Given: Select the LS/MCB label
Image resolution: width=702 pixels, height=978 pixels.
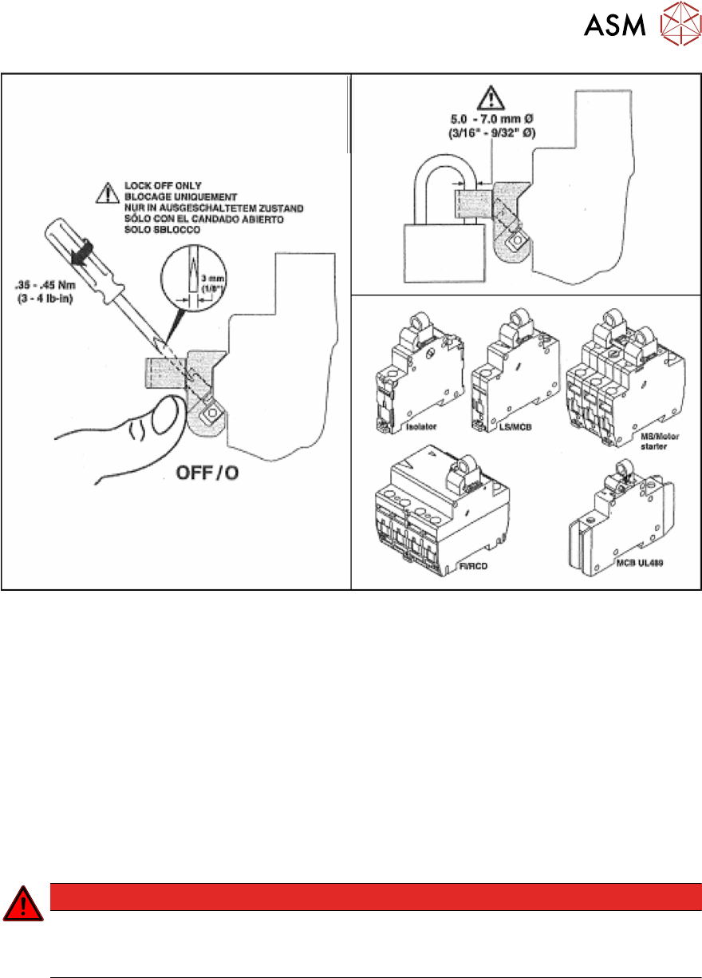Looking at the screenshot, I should pos(496,428).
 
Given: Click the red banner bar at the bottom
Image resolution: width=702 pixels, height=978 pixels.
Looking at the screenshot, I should pos(375,896).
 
